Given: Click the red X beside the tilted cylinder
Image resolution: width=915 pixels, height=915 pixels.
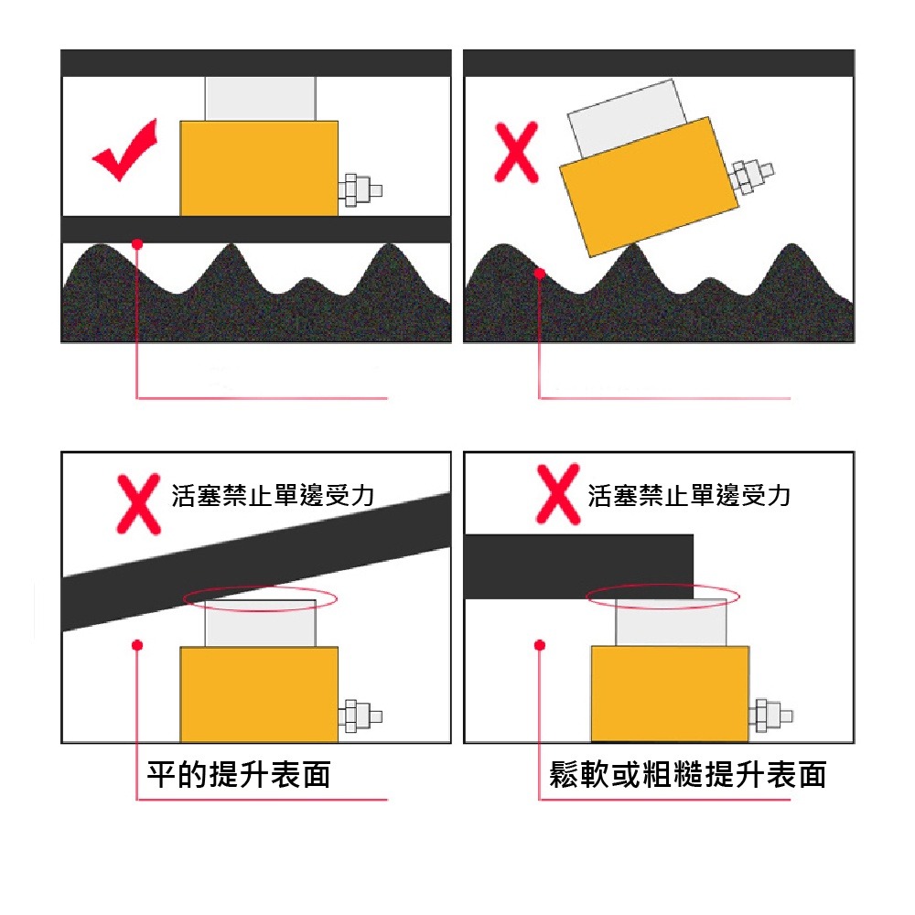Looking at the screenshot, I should pyautogui.click(x=516, y=154).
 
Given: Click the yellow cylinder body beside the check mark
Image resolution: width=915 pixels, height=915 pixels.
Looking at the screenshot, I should pyautogui.click(x=259, y=168).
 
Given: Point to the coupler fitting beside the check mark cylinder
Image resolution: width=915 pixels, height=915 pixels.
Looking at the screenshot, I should pyautogui.click(x=359, y=190).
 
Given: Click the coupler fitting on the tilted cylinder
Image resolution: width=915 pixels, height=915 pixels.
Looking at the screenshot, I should pyautogui.click(x=751, y=174).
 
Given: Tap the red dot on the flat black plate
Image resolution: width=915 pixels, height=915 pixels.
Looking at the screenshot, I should pyautogui.click(x=136, y=243).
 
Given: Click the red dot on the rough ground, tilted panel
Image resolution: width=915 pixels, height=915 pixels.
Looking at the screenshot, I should pyautogui.click(x=540, y=273).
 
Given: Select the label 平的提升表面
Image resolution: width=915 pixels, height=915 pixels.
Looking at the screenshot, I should pyautogui.click(x=239, y=775).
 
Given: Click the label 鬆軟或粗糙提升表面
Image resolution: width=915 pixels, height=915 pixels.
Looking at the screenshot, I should pyautogui.click(x=687, y=775).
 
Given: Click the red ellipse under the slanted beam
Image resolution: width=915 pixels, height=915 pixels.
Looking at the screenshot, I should pyautogui.click(x=261, y=598).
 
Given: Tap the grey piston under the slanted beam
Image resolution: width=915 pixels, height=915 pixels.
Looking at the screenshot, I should pyautogui.click(x=260, y=625).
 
